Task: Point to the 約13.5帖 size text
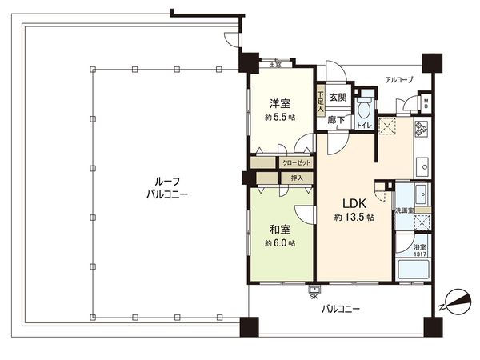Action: (x=355, y=217)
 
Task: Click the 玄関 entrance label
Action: (x=337, y=98)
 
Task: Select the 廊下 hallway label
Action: (x=336, y=121)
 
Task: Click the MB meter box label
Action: (x=426, y=103)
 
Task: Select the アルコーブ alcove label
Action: (x=398, y=80)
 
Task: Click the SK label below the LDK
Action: (x=313, y=298)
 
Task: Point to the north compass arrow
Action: (x=454, y=302)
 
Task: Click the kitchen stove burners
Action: (x=422, y=128)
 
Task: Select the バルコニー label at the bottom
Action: (x=340, y=308)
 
